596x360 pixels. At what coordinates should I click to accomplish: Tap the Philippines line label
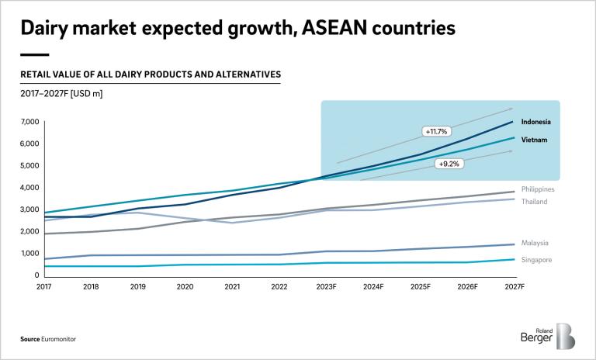tap(539, 189)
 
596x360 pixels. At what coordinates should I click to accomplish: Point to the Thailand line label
tap(535, 202)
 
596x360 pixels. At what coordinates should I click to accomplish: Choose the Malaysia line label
tap(535, 244)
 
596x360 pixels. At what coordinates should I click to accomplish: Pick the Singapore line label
tap(536, 260)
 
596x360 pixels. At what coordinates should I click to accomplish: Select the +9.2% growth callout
tap(448, 164)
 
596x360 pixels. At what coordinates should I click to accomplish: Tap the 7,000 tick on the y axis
tap(29, 122)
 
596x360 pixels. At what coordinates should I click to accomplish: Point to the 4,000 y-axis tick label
tap(29, 188)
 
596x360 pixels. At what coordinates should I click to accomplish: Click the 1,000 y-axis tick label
tap(29, 254)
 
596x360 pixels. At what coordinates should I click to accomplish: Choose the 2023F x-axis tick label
tap(327, 287)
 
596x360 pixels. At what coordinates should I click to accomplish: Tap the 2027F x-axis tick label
tap(514, 287)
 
